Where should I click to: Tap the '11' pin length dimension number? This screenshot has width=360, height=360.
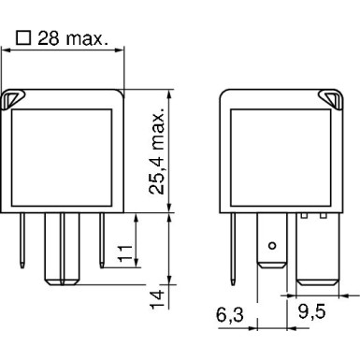click(123, 252)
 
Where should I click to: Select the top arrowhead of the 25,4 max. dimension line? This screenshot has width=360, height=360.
click(168, 94)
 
